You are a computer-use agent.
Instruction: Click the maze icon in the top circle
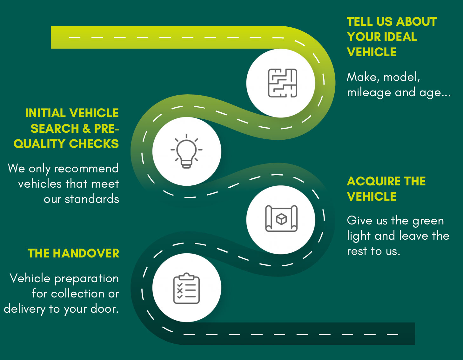(x=282, y=83)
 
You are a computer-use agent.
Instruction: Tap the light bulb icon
(x=186, y=151)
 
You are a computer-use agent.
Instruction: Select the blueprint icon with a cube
(x=281, y=219)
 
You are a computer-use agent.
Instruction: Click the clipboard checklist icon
(x=186, y=288)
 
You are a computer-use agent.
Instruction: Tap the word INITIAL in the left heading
(x=45, y=113)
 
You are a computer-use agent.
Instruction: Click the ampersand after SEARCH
(x=86, y=129)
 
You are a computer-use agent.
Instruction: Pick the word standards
(x=92, y=199)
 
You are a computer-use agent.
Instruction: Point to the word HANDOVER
(x=86, y=253)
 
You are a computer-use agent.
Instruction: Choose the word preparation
(x=86, y=279)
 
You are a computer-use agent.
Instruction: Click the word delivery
(x=24, y=309)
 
